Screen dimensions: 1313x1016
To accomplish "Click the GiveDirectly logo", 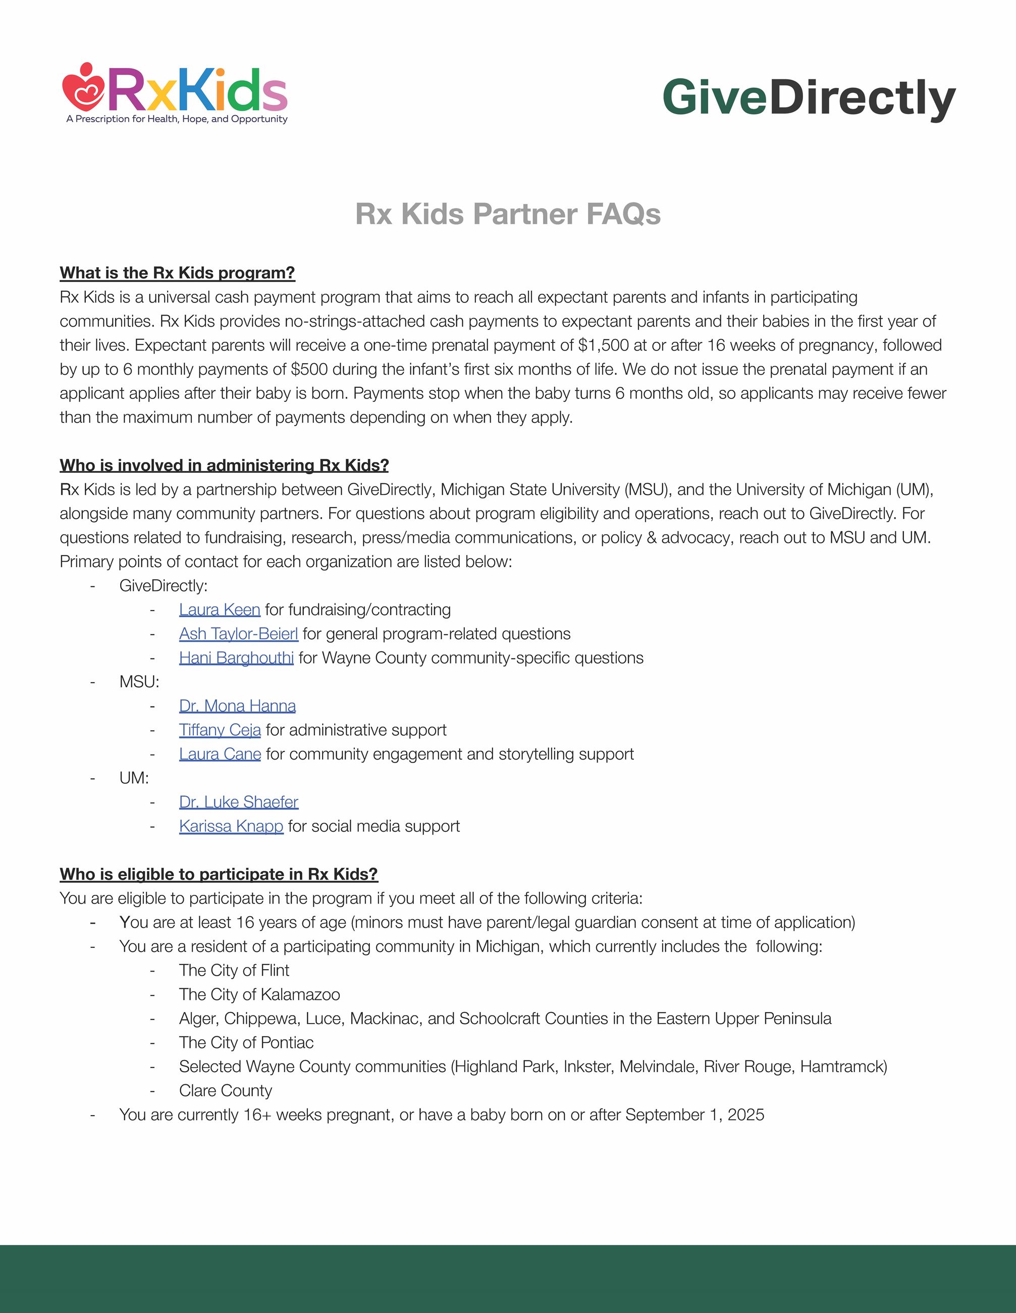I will click(808, 98).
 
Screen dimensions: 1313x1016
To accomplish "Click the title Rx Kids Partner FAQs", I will click(508, 214).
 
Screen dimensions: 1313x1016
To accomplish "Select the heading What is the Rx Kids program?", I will click(177, 273).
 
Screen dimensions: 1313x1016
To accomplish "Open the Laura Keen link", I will click(220, 610).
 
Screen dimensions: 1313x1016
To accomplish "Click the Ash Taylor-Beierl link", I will click(239, 634).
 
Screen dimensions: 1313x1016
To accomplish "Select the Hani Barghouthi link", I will click(236, 658).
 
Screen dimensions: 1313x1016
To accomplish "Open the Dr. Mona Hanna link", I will click(237, 706).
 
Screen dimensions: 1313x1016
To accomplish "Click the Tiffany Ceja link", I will click(220, 730).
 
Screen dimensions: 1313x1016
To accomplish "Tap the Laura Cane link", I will click(220, 754).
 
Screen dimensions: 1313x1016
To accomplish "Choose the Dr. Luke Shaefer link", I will click(239, 802).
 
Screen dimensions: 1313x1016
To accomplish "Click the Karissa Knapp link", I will click(231, 826).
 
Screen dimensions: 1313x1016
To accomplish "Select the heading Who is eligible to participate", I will click(219, 874).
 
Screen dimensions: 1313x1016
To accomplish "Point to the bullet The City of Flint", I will click(234, 970).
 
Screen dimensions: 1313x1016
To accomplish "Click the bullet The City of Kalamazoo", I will click(259, 994).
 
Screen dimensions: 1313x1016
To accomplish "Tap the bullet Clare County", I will click(225, 1091).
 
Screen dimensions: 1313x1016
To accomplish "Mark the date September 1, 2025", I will click(694, 1115).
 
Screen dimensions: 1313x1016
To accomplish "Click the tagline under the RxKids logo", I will click(177, 119).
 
